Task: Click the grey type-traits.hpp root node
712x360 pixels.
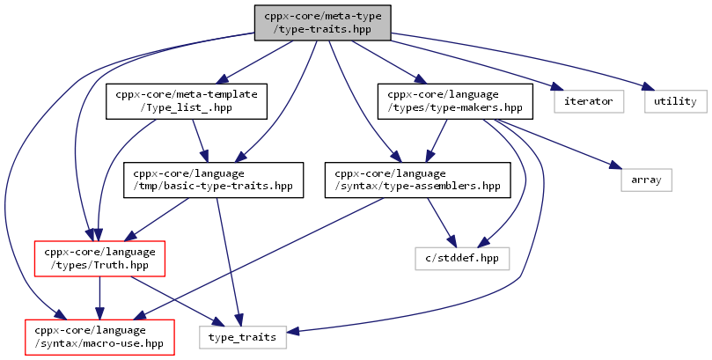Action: pyautogui.click(x=322, y=23)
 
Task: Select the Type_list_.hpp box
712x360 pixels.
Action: pyautogui.click(x=187, y=101)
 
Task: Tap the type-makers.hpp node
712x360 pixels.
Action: pyautogui.click(x=455, y=101)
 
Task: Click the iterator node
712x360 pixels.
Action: pyautogui.click(x=589, y=101)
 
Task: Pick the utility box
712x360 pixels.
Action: pyautogui.click(x=675, y=101)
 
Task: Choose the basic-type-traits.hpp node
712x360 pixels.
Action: pyautogui.click(x=213, y=180)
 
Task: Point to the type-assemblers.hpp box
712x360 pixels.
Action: pyautogui.click(x=417, y=180)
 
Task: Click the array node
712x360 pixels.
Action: pyautogui.click(x=646, y=180)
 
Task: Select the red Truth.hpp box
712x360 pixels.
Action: pyautogui.click(x=100, y=258)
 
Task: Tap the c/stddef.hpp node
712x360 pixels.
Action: pyautogui.click(x=462, y=258)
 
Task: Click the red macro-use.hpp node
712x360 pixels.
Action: pyautogui.click(x=100, y=337)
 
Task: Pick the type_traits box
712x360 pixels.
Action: pyautogui.click(x=243, y=337)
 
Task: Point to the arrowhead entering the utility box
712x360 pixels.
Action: pyautogui.click(x=646, y=87)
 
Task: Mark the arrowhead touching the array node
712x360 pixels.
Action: pyautogui.click(x=615, y=165)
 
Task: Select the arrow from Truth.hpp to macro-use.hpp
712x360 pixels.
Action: pyautogui.click(x=100, y=298)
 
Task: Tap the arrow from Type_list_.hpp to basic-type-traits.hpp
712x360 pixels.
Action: pyautogui.click(x=201, y=141)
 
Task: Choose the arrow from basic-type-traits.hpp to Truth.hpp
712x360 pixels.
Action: pyautogui.click(x=157, y=219)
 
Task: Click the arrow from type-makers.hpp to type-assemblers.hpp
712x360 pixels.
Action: pyautogui.click(x=436, y=141)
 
